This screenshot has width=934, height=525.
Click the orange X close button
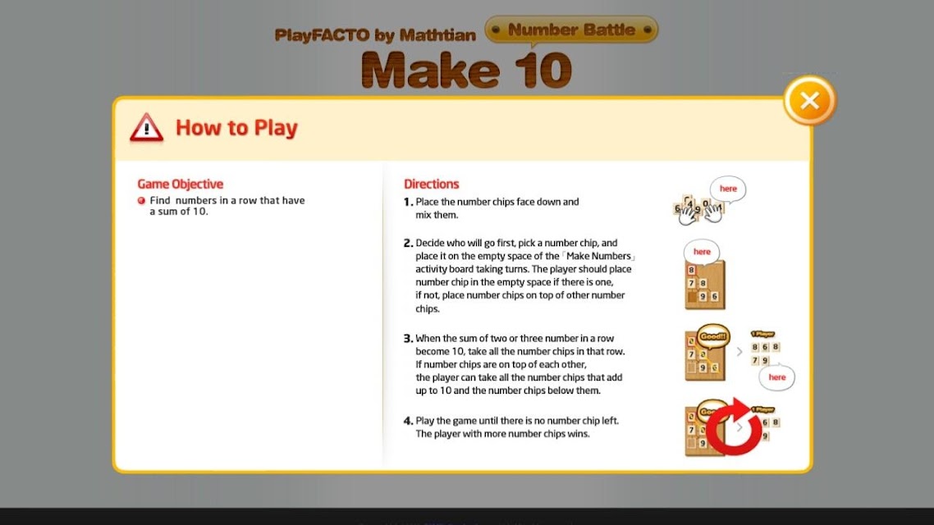(809, 101)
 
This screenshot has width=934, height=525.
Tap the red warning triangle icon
(147, 128)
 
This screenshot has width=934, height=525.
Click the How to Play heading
(236, 127)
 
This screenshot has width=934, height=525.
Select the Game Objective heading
(181, 184)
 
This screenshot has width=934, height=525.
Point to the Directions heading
(431, 184)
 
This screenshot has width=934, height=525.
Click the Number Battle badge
(571, 30)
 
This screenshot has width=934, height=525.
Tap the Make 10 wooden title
(466, 71)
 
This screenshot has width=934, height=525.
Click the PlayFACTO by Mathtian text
(375, 35)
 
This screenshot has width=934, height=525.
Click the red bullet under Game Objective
(142, 201)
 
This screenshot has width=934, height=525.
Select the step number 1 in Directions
(408, 202)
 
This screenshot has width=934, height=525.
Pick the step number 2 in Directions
(408, 243)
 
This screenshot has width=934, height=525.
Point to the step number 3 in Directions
(408, 338)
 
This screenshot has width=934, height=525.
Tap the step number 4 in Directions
(408, 421)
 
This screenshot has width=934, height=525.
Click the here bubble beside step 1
(728, 189)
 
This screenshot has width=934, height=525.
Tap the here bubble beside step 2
(702, 252)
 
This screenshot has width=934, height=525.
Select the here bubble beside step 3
(776, 377)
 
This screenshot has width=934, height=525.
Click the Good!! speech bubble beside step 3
(713, 337)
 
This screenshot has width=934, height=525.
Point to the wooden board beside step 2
(705, 285)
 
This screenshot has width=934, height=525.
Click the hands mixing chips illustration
(698, 209)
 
